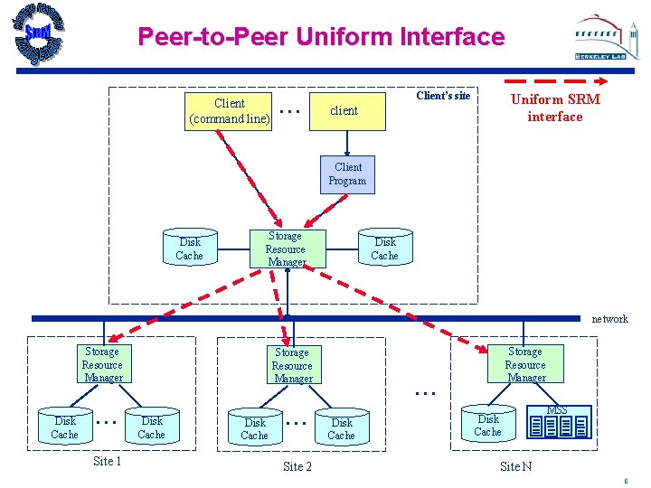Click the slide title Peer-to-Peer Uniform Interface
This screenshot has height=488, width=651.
321,37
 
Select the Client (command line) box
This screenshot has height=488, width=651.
229,110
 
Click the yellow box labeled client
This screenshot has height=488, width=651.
344,110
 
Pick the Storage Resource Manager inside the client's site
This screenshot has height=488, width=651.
286,249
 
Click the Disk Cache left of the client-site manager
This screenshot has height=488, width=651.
190,249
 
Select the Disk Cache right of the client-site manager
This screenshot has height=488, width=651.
384,249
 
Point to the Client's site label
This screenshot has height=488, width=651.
443,96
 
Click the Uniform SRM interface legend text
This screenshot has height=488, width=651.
554,108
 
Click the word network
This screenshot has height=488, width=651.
609,319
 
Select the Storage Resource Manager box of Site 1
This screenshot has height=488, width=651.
102,364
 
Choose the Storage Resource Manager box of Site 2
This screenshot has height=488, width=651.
292,365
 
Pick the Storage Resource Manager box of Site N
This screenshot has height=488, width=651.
525,364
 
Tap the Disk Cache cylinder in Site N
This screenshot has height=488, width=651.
488,425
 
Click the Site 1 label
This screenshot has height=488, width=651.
108,462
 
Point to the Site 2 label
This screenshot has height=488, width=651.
297,466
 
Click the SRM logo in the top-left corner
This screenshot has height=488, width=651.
39,34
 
